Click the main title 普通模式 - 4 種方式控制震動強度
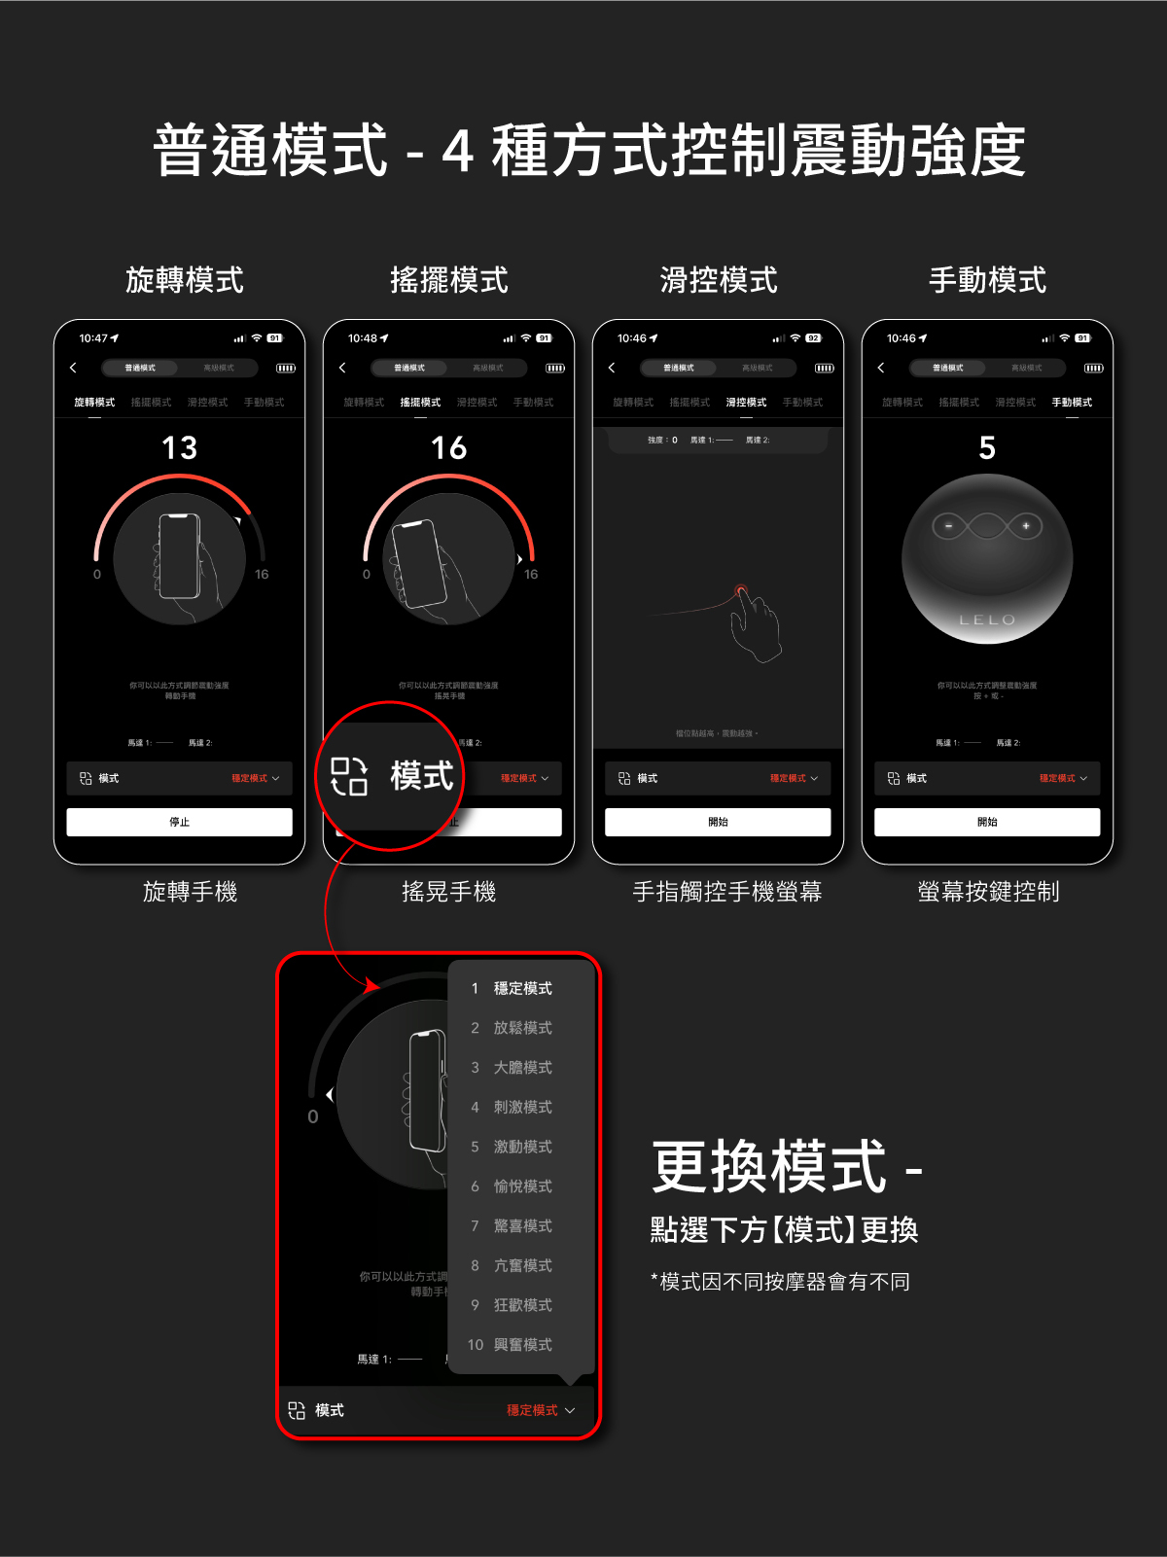tap(589, 151)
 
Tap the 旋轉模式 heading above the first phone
tap(185, 280)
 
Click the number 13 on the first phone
tap(180, 448)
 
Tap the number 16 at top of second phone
tap(449, 448)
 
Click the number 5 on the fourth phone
tap(987, 448)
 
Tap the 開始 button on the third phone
tap(718, 822)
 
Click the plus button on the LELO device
tap(1025, 526)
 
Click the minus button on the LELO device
tap(949, 526)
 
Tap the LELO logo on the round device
tap(987, 619)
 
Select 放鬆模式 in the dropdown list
tap(522, 1028)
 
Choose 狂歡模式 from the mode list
tap(522, 1305)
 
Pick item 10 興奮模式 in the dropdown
tap(522, 1345)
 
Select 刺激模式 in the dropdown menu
tap(522, 1107)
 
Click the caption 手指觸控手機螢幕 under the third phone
tap(727, 892)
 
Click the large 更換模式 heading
tap(769, 1167)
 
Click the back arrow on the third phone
tap(612, 368)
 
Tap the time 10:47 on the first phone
tap(93, 338)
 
